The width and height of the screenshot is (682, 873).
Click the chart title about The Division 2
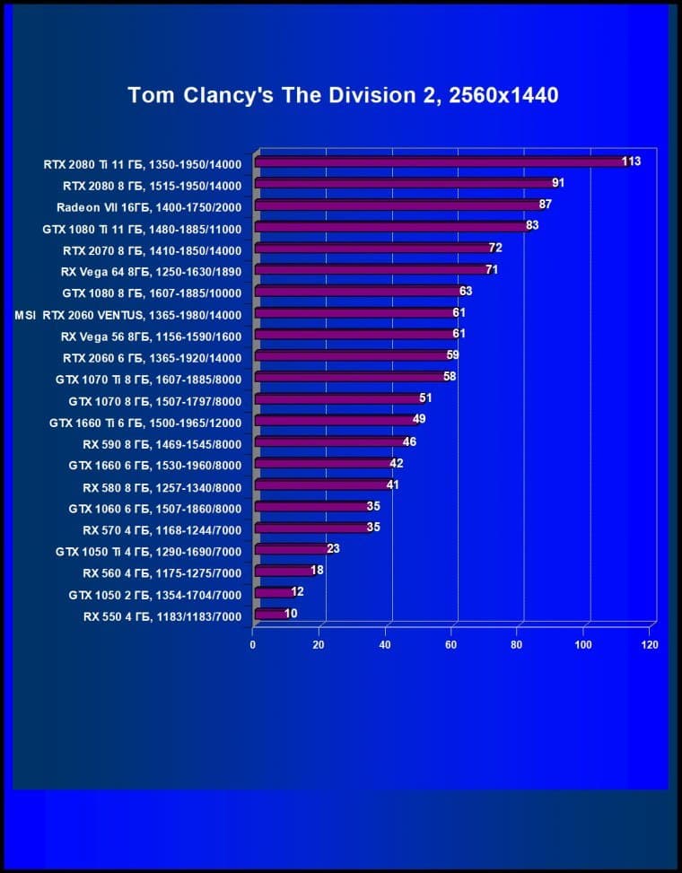click(x=343, y=95)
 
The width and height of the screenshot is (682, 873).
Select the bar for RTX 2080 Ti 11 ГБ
click(x=440, y=162)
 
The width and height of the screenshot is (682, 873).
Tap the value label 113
click(x=631, y=162)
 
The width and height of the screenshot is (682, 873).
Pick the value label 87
click(x=545, y=205)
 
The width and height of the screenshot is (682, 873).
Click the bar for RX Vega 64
click(x=371, y=270)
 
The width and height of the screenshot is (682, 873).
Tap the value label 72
click(x=494, y=248)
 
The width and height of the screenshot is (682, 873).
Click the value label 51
click(x=425, y=398)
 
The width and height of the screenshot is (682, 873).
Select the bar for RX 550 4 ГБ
click(x=268, y=615)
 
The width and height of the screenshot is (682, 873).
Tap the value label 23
click(x=333, y=549)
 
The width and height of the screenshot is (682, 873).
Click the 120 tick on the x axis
click(x=650, y=645)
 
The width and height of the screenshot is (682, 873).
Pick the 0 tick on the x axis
click(x=253, y=645)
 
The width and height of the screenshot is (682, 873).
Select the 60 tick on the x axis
click(x=451, y=645)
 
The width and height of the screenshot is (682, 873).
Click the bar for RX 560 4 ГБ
click(x=282, y=572)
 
